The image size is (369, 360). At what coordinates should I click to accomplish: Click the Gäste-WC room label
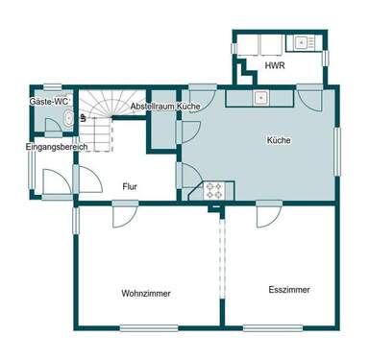[47, 100]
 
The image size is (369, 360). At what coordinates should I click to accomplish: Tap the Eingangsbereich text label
[57, 147]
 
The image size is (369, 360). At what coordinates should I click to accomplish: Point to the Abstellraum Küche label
[165, 106]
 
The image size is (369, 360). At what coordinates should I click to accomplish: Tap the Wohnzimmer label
[145, 292]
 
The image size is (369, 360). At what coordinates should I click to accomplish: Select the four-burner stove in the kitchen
[214, 191]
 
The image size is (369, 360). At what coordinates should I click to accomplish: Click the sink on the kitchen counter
[259, 98]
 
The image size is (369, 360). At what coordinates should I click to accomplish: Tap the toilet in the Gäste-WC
[66, 118]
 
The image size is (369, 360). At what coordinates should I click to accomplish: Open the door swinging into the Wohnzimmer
[123, 216]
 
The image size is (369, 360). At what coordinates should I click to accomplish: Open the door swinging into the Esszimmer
[268, 216]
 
